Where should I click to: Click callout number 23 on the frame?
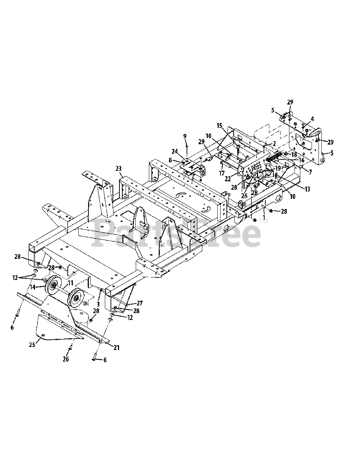click(x=118, y=169)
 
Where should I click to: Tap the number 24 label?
click(x=174, y=151)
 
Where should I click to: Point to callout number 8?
click(x=170, y=159)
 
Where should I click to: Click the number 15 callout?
click(x=219, y=125)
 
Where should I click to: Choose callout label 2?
click(x=274, y=143)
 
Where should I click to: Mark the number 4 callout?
click(x=312, y=119)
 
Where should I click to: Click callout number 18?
click(x=294, y=154)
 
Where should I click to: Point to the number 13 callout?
click(x=307, y=189)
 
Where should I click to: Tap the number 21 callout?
click(x=116, y=348)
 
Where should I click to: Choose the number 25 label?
click(x=32, y=344)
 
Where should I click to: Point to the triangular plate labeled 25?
click(x=55, y=326)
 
